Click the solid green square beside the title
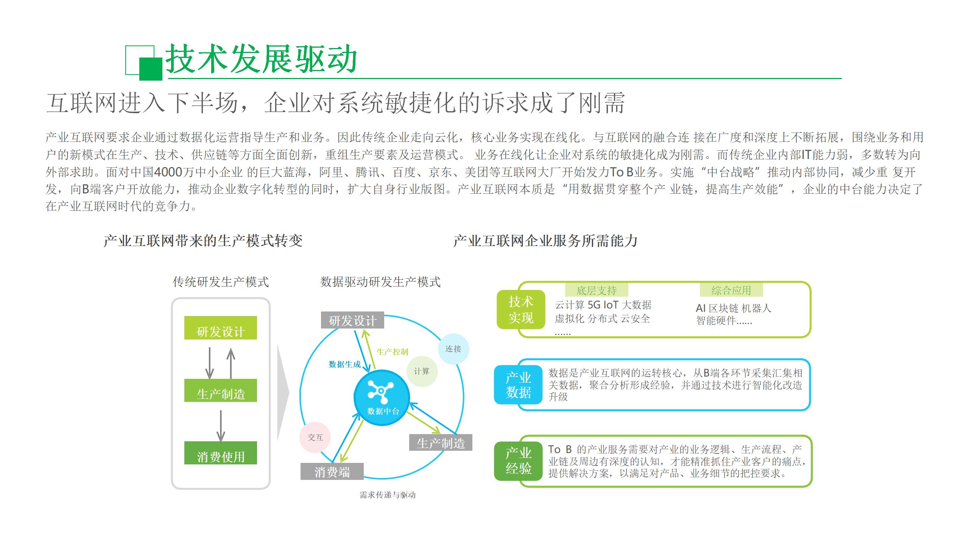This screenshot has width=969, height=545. [x=151, y=69]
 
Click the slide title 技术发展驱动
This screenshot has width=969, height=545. [x=261, y=59]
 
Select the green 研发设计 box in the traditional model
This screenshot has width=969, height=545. [x=220, y=328]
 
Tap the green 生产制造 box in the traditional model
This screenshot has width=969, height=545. [x=220, y=390]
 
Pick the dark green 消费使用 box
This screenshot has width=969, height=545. [x=220, y=453]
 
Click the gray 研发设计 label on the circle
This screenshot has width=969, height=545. [x=352, y=320]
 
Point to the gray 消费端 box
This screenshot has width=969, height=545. [x=332, y=472]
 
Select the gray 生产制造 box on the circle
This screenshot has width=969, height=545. [x=441, y=442]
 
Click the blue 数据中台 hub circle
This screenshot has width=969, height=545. [x=382, y=397]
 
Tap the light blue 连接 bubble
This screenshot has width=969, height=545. [x=453, y=349]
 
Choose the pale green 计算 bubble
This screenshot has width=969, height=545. [x=421, y=371]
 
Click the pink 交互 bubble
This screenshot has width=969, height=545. [x=315, y=437]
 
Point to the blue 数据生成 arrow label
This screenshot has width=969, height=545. [x=344, y=364]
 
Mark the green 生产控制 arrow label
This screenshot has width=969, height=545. [x=392, y=352]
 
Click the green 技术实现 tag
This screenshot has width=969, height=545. [x=521, y=310]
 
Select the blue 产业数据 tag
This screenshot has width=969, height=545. [x=518, y=385]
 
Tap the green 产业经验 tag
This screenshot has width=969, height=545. [x=518, y=461]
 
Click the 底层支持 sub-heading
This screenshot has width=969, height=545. [x=597, y=290]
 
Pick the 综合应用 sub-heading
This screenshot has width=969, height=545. [x=731, y=290]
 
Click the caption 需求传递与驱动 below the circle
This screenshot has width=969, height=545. [x=388, y=495]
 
